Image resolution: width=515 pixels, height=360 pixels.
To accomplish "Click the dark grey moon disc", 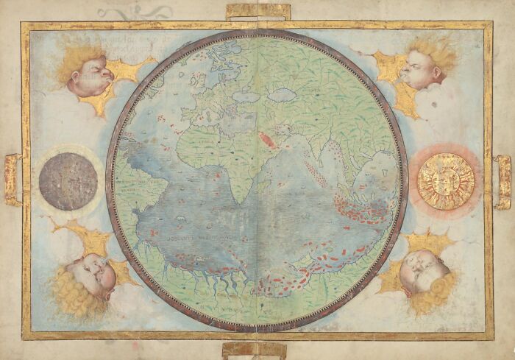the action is click(68, 181).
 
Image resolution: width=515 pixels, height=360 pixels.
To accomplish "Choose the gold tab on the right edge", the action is click(502, 182).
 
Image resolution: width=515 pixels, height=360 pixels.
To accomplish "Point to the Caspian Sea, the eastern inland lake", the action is click(281, 95).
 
